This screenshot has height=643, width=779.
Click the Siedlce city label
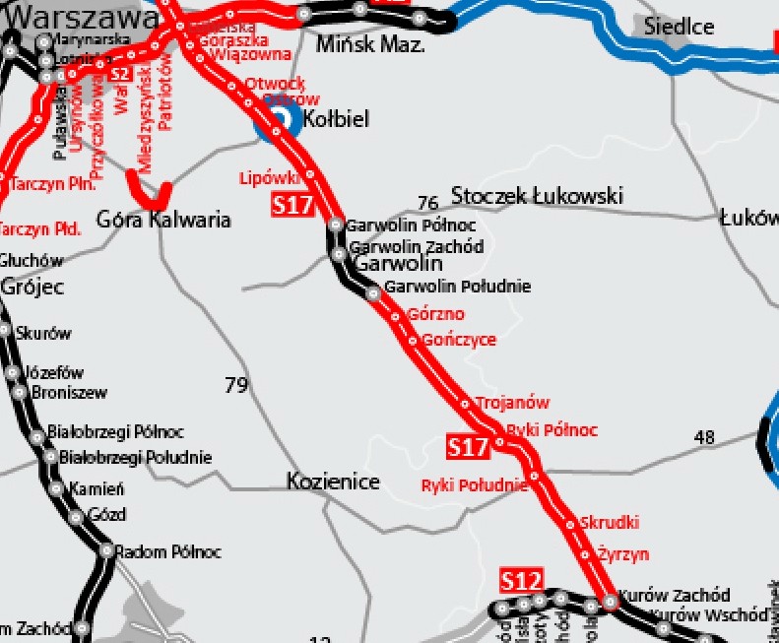click(x=680, y=27)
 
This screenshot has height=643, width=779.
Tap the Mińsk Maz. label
click(x=370, y=44)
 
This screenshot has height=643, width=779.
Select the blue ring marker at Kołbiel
click(x=279, y=119)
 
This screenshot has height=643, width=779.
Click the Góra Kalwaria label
click(x=163, y=219)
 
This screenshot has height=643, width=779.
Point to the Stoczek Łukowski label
click(x=537, y=196)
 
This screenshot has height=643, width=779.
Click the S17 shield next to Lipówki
click(x=292, y=206)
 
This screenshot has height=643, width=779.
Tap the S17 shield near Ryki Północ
click(x=468, y=447)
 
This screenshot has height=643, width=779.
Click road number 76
click(x=427, y=204)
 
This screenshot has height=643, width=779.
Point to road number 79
click(x=236, y=385)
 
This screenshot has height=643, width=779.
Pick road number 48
click(x=704, y=437)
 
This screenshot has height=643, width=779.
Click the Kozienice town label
click(x=333, y=482)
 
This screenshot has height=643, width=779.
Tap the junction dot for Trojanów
click(x=466, y=404)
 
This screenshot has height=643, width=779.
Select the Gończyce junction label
click(x=458, y=340)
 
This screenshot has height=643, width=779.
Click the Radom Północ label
click(x=167, y=552)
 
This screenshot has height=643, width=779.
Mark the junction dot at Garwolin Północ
click(x=336, y=225)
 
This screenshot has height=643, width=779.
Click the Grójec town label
click(x=32, y=288)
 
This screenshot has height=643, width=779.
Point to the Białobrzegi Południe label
click(x=135, y=458)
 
